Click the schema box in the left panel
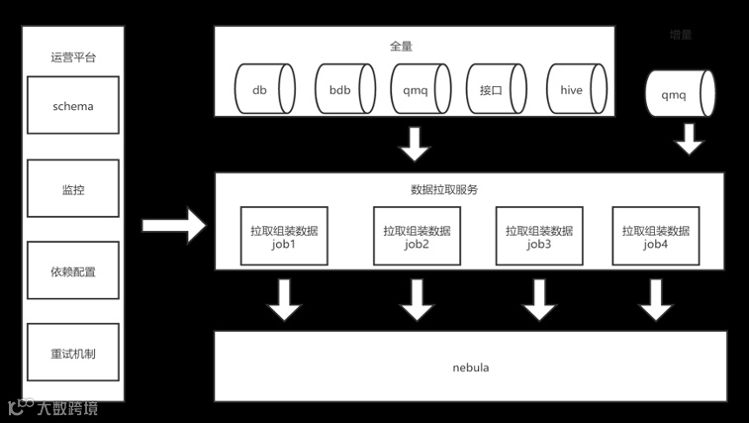73,106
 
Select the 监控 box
73,189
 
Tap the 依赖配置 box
73,271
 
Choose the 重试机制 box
73,354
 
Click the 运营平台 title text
73,57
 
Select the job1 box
284,237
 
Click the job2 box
417,237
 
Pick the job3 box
538,237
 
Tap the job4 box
655,237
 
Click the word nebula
470,368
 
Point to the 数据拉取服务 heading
444,189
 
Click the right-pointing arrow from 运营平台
173,226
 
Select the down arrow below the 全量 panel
415,144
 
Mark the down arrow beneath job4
656,300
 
